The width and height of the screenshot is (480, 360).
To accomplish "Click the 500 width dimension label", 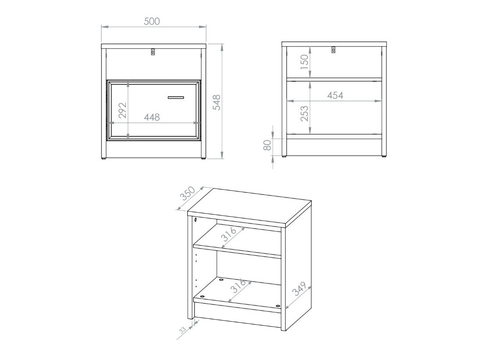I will pos(152,21).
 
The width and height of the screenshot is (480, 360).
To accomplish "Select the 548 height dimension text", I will pos(216,102).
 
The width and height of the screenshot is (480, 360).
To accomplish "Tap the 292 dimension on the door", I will pos(123,110).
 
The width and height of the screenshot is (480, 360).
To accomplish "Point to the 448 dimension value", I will pos(152,117).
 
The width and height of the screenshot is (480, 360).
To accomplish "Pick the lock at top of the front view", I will pos(153,52).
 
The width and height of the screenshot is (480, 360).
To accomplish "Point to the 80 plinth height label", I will pos(267,146).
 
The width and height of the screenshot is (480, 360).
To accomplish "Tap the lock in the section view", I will pos(334,50).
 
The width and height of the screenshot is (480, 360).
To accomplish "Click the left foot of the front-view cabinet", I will pos(104,158).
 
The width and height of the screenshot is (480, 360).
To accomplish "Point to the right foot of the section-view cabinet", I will pos(384,157).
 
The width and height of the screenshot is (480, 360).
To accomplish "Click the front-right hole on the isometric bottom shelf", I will pos(278,306).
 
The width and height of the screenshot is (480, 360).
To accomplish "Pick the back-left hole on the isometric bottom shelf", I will pos(221,279).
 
